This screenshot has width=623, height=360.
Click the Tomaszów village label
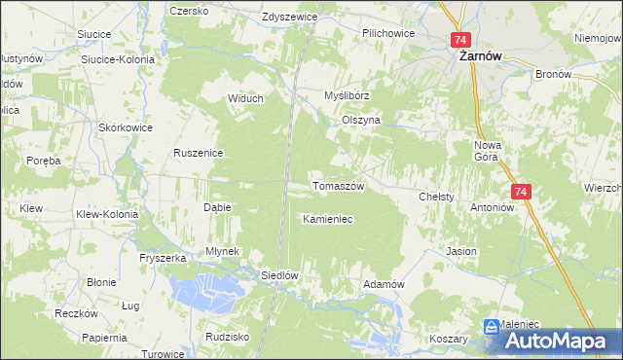click(337, 186)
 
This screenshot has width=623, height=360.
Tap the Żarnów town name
click(480, 57)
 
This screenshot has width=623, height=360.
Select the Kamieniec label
click(327, 219)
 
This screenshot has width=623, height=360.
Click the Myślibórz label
click(348, 96)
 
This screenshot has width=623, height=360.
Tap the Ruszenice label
click(200, 153)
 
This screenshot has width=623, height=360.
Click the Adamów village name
click(383, 283)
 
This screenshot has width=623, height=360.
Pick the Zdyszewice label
click(291, 18)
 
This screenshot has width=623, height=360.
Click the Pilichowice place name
click(388, 33)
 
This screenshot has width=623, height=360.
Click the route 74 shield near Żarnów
click(461, 40)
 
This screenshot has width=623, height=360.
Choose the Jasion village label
click(461, 251)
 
